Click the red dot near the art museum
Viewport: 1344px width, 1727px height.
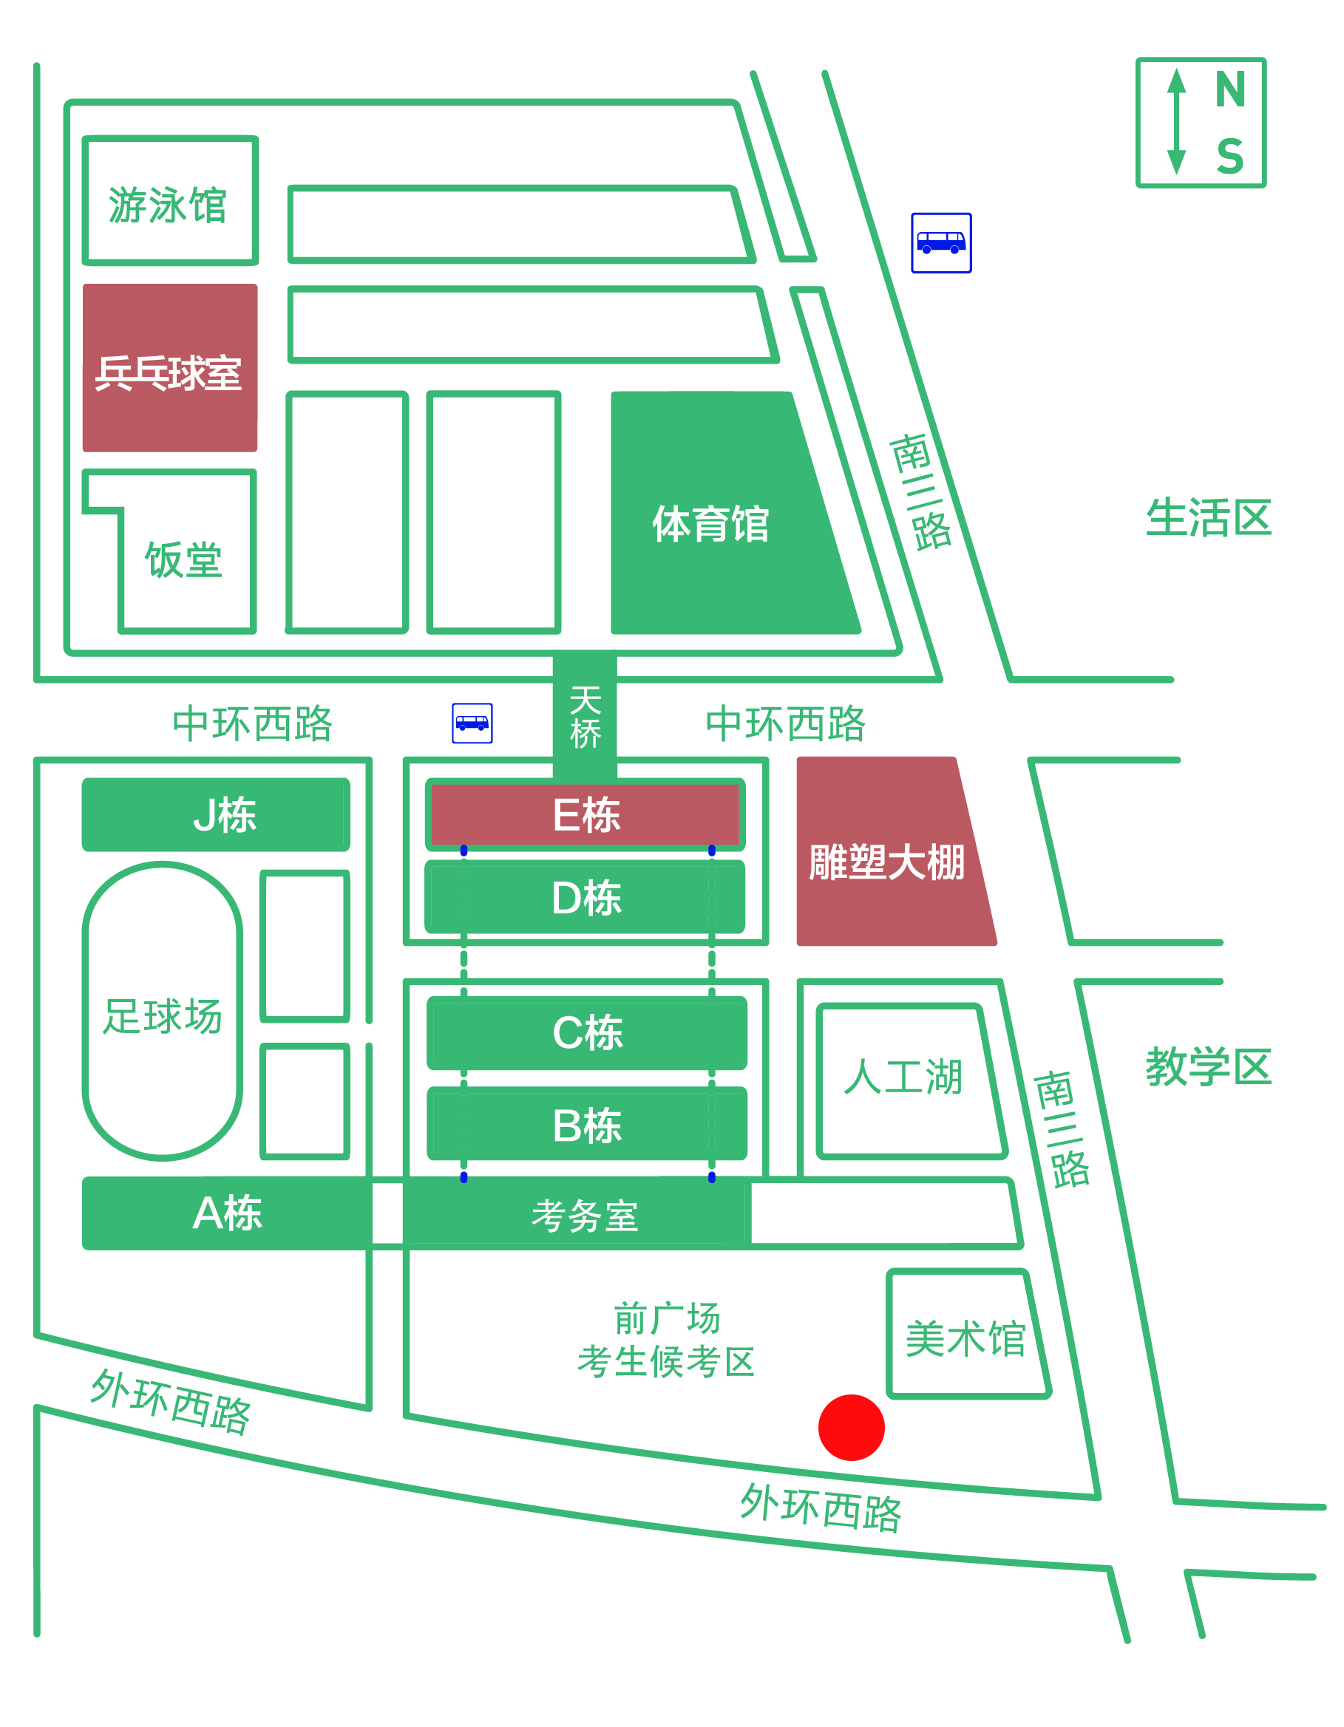(x=851, y=1427)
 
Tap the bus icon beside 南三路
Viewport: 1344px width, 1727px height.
(x=940, y=243)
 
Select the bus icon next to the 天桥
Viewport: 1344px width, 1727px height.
(x=472, y=723)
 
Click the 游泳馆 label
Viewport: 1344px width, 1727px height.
(x=168, y=205)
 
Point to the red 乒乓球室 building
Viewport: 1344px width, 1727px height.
(x=169, y=369)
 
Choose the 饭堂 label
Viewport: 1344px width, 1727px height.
(x=183, y=561)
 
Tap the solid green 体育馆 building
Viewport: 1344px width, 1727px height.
(x=712, y=523)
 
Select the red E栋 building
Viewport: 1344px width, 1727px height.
(x=586, y=814)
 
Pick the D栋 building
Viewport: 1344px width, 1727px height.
(x=586, y=898)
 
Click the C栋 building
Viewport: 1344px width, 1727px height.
(x=587, y=1032)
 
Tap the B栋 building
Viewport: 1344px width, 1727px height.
(x=587, y=1125)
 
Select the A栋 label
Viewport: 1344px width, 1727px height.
(x=227, y=1213)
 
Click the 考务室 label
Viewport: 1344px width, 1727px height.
(x=585, y=1216)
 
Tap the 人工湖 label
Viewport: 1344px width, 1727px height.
(x=903, y=1076)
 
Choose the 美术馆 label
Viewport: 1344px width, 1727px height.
(x=965, y=1338)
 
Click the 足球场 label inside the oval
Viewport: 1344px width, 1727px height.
(x=162, y=1016)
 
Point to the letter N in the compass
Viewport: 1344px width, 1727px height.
(x=1230, y=89)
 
